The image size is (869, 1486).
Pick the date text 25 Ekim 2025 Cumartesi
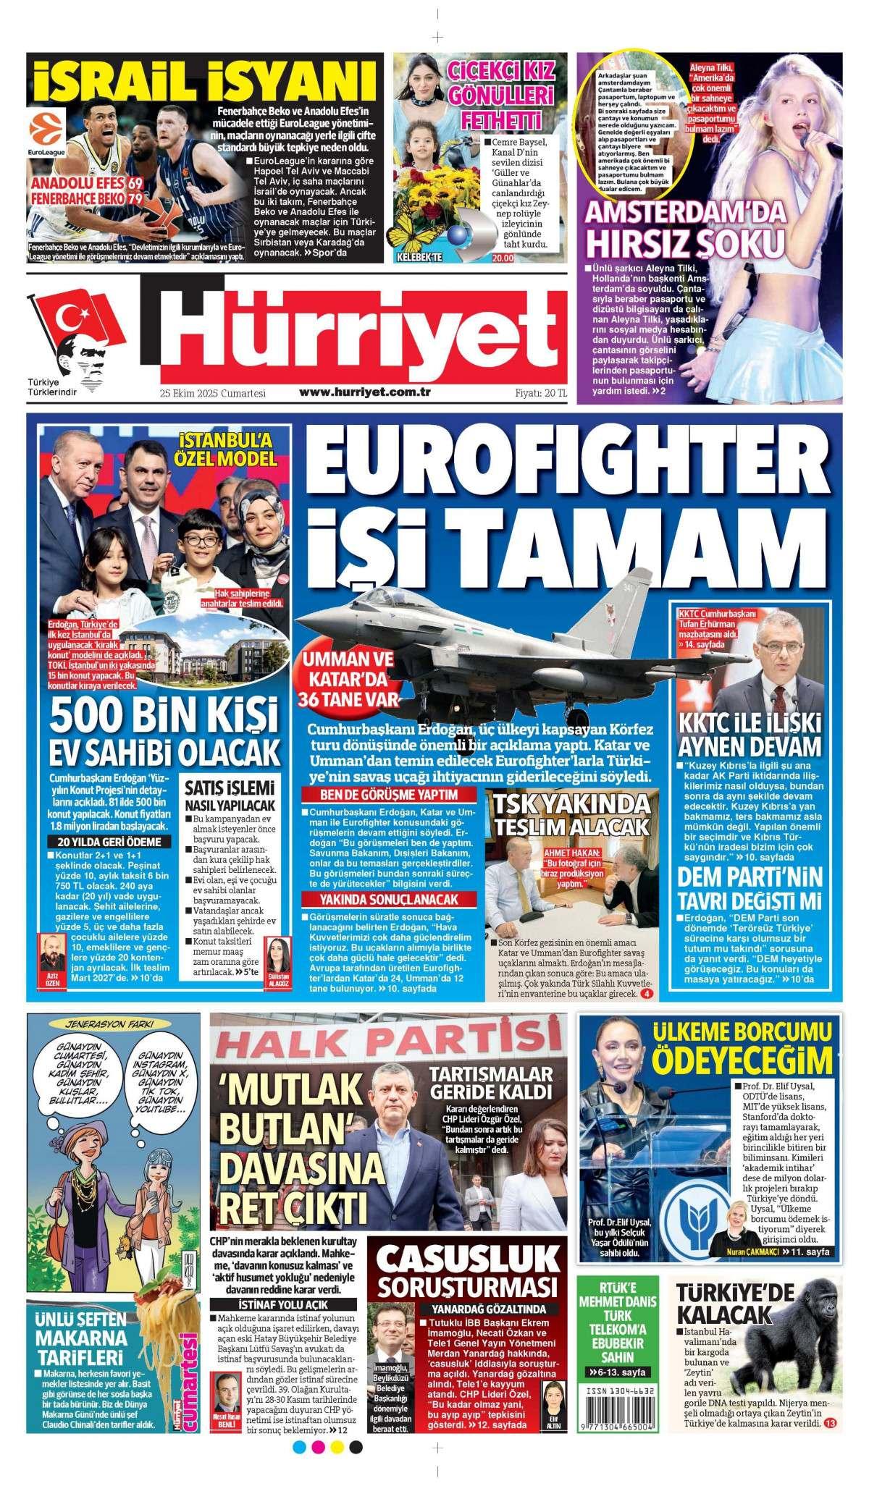214,393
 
